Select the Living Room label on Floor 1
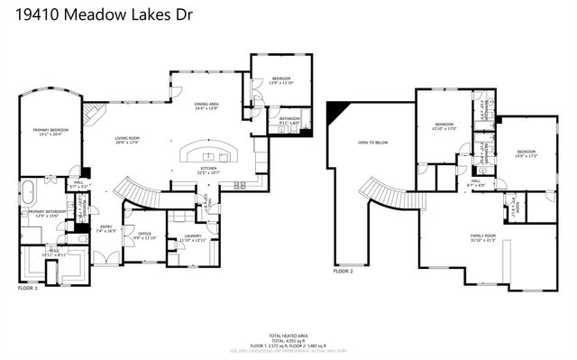(127, 140)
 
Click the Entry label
(106, 228)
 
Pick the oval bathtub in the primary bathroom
(27, 191)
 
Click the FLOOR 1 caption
(28, 289)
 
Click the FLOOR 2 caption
(343, 271)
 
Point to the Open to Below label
(371, 143)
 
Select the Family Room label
(483, 238)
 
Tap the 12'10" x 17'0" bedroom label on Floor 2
(446, 126)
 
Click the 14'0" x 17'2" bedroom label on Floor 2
(527, 153)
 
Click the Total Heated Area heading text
(288, 333)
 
